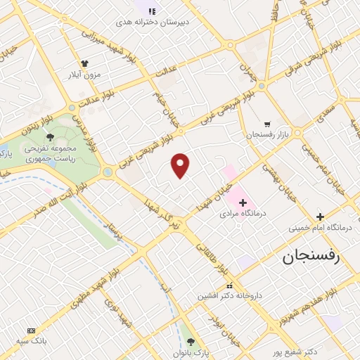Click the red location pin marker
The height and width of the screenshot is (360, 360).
181,165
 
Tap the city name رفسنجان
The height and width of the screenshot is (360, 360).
311,257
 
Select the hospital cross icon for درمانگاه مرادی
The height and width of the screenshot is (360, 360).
243,202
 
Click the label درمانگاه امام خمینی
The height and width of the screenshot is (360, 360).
320,228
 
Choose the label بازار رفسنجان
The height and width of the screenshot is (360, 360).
264,134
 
